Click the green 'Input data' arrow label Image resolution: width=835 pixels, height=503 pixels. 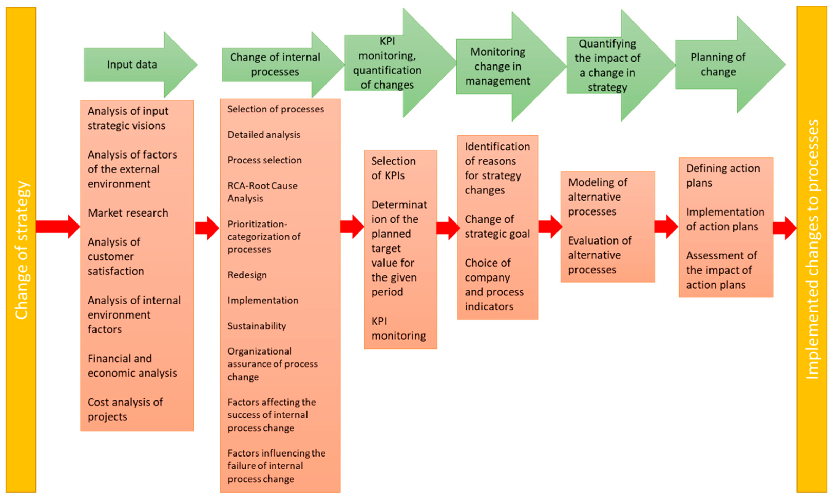[x=132, y=64]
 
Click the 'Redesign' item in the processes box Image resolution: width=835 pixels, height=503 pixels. [x=247, y=275]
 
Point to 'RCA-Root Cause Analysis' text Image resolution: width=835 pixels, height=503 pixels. [x=262, y=192]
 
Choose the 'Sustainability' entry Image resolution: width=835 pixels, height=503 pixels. [x=256, y=326]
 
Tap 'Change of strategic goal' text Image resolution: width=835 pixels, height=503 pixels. [x=497, y=226]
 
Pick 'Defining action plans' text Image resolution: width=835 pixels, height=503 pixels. [x=723, y=175]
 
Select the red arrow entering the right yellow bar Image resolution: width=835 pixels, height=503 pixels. [x=784, y=228]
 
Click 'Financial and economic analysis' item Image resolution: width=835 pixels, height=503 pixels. [x=132, y=366]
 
